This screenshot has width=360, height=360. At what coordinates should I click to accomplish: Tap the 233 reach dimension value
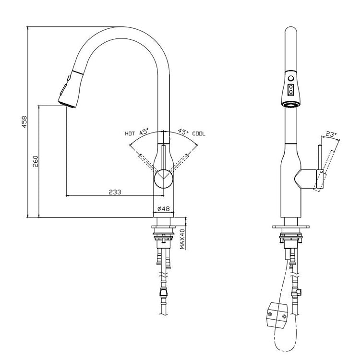pos(114,191)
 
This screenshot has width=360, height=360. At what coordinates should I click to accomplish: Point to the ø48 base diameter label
pos(164,209)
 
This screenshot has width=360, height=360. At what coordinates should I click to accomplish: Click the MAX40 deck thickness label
pos(182,239)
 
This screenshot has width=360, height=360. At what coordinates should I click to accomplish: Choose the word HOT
pos(130,134)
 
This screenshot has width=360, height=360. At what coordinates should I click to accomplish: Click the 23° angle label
pos(331,135)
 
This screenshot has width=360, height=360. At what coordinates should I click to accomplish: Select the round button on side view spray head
pos(290,79)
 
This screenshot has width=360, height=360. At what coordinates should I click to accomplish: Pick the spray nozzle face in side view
pos(290,104)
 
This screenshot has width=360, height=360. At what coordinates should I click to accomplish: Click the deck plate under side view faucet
pos(290,225)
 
